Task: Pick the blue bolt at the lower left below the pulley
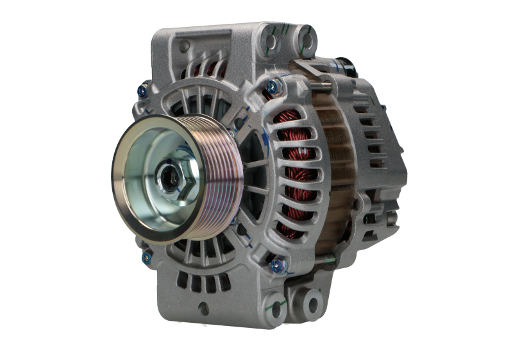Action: pyautogui.click(x=146, y=257)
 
